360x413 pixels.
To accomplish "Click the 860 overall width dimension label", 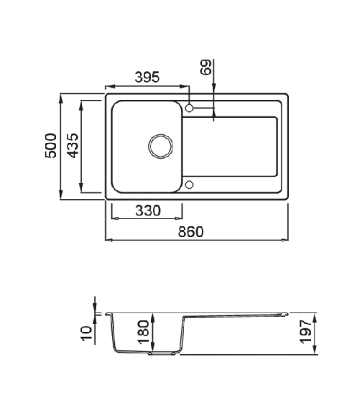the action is [191, 231].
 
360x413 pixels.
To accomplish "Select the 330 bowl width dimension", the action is [148, 210].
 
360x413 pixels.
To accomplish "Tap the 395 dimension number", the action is [147, 77].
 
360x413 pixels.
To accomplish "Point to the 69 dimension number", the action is [206, 68].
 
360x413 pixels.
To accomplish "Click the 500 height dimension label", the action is [50, 146].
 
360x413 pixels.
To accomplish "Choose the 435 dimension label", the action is [73, 146].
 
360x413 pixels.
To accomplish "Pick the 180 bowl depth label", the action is [144, 332].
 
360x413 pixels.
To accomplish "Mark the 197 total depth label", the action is [306, 332].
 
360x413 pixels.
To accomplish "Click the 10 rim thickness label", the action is [87, 334].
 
